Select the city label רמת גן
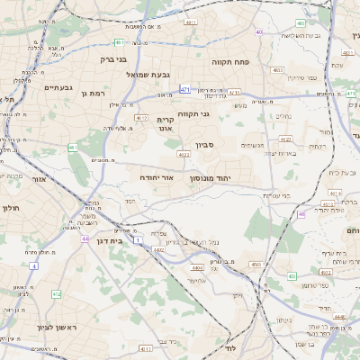(x=92, y=93)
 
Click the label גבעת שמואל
(x=148, y=75)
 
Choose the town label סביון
(x=204, y=144)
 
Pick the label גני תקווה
(x=192, y=114)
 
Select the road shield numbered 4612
(x=141, y=118)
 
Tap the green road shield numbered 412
(x=56, y=294)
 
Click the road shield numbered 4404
(x=197, y=267)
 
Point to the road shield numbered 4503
(x=256, y=265)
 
